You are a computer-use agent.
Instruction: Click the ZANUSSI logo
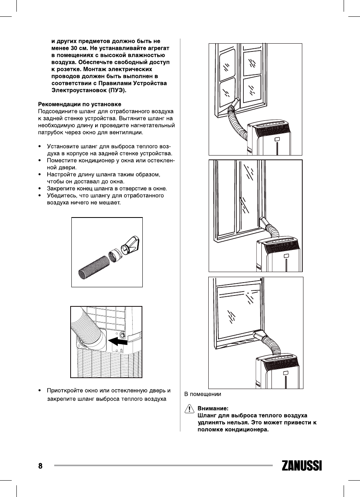point(301,466)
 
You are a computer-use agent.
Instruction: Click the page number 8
point(40,466)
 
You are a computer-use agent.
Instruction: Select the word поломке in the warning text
point(211,430)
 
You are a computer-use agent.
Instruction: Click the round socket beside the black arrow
point(123,335)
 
